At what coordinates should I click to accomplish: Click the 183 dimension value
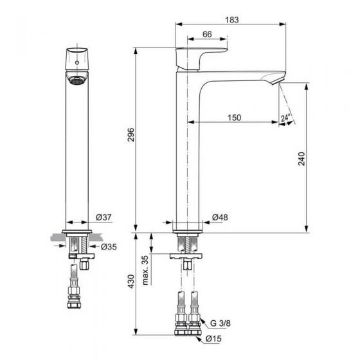click(232, 20)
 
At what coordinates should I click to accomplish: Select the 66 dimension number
click(207, 34)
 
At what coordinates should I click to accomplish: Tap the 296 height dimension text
click(131, 134)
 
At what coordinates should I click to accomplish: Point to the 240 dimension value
click(301, 159)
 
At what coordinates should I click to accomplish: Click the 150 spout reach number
click(234, 118)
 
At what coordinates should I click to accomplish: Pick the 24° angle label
click(286, 118)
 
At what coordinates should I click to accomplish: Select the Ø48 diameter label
click(220, 217)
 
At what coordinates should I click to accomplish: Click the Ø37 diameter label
click(104, 217)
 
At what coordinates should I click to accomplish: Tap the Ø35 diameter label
click(109, 247)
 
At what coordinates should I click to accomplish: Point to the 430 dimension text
click(131, 281)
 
